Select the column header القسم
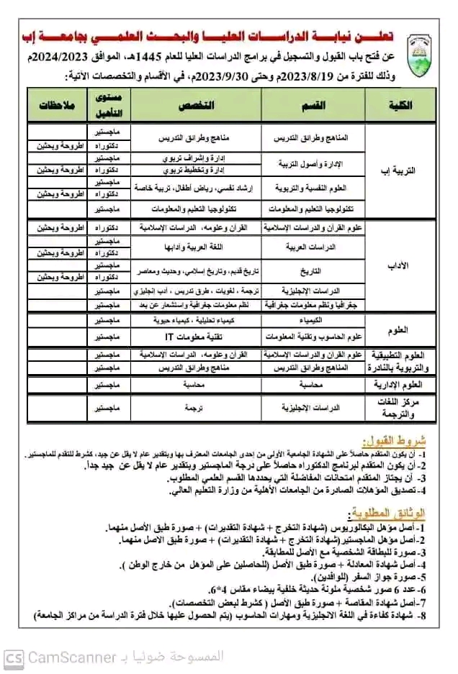(310, 105)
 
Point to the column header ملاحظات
(55, 105)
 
